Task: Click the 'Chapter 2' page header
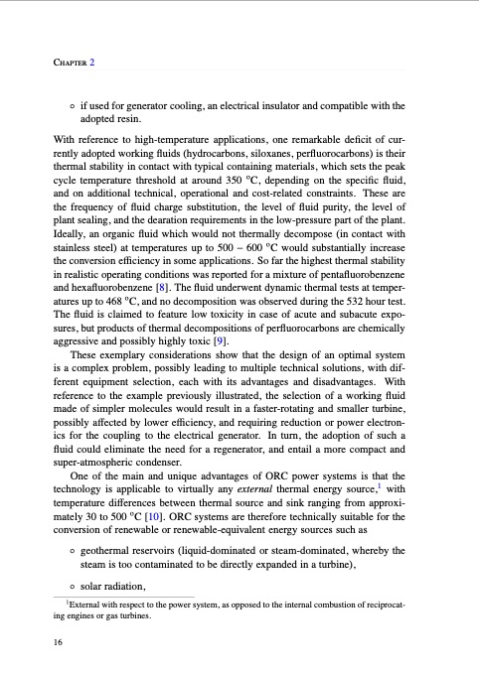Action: pyautogui.click(x=75, y=62)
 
